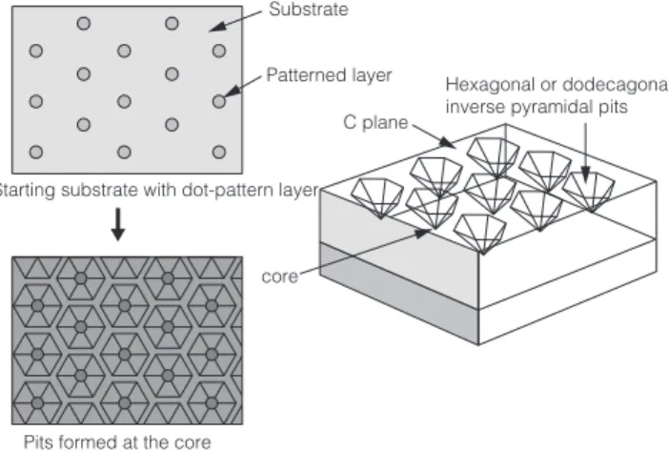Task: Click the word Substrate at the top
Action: (x=309, y=10)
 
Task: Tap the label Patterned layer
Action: (x=329, y=75)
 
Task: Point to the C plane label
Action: (x=375, y=123)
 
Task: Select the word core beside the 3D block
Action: (x=279, y=277)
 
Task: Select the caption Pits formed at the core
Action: (x=117, y=442)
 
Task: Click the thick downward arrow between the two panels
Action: (x=118, y=224)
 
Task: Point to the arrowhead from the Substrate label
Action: (x=217, y=27)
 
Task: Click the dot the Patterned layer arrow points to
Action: (x=219, y=101)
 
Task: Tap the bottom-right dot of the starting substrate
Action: (x=219, y=152)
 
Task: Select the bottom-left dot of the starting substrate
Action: (x=36, y=152)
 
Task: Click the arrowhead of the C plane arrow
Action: (x=448, y=142)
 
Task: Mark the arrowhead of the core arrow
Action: (x=423, y=234)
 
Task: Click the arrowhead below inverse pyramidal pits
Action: (x=585, y=175)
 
